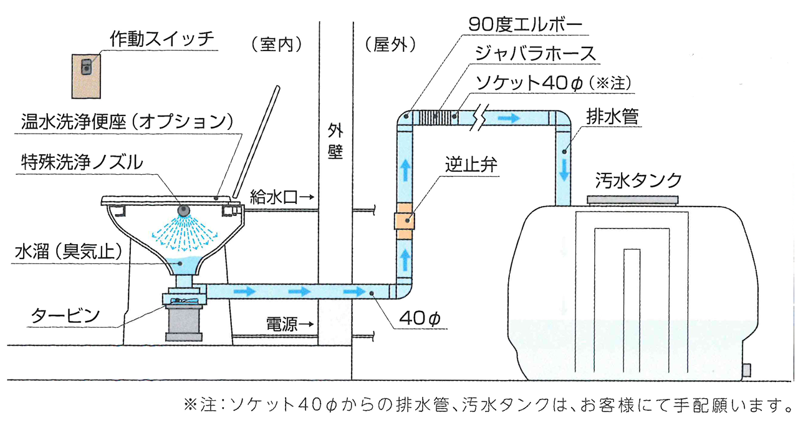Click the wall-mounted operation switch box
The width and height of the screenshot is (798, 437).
[x=87, y=76]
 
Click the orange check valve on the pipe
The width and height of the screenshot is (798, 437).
[x=403, y=220]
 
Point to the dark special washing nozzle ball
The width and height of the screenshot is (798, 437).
[x=184, y=210]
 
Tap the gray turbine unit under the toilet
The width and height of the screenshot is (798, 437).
[x=184, y=322]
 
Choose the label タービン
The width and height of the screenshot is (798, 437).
[x=65, y=316]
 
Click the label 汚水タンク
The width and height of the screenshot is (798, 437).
[x=638, y=181]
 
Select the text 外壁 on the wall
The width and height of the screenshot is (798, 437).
[x=335, y=142]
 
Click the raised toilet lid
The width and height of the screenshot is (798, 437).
[x=257, y=140]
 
